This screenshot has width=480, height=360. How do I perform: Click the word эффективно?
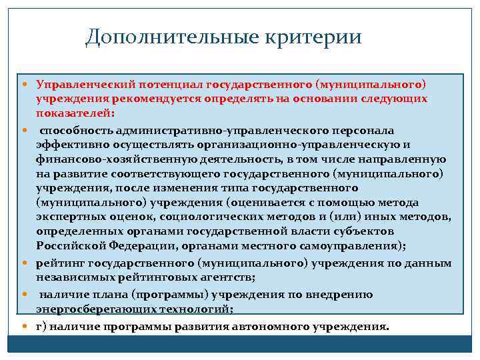[71, 144]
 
